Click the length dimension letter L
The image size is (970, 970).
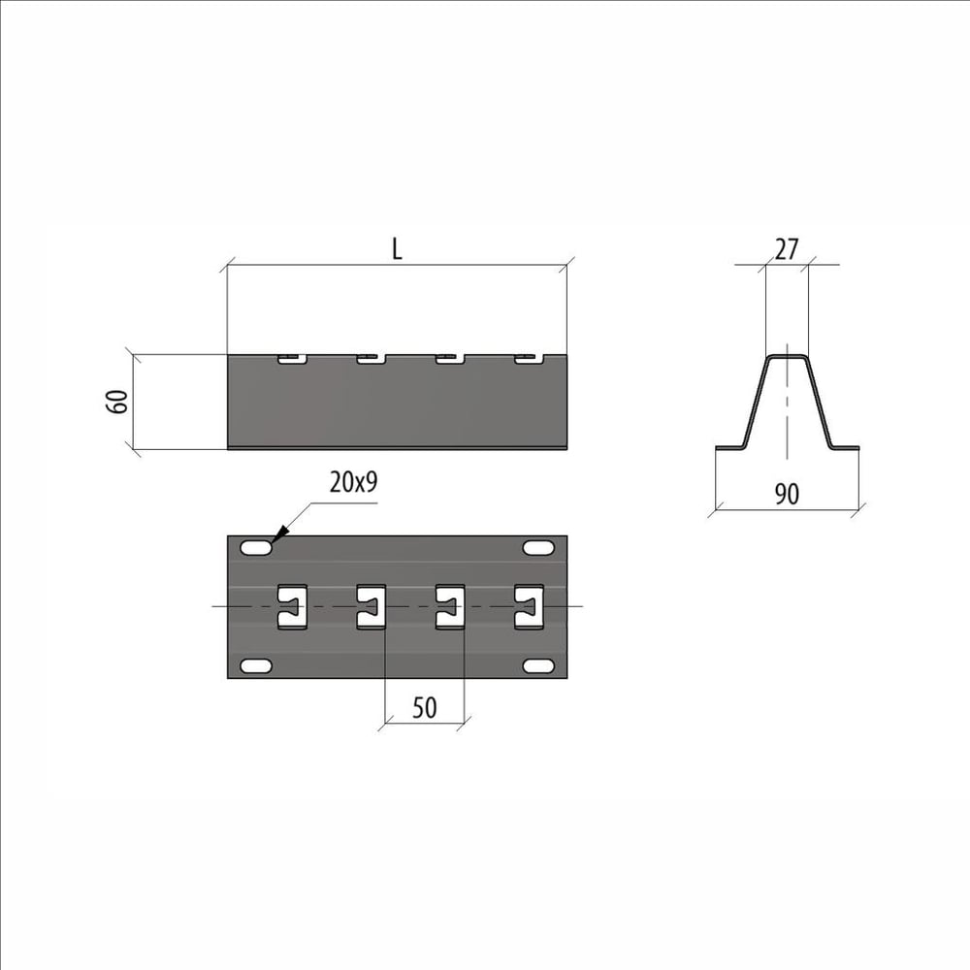tap(397, 248)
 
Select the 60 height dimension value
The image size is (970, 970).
tap(117, 402)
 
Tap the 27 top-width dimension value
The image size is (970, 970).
tap(787, 249)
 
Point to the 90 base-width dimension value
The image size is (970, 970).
tap(787, 494)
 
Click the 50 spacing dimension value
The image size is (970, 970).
tap(425, 708)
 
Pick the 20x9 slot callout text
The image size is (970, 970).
tap(354, 482)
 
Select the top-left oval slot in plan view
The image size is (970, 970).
tap(255, 548)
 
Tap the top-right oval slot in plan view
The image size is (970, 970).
tap(538, 548)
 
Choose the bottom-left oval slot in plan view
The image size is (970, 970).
tap(255, 666)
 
